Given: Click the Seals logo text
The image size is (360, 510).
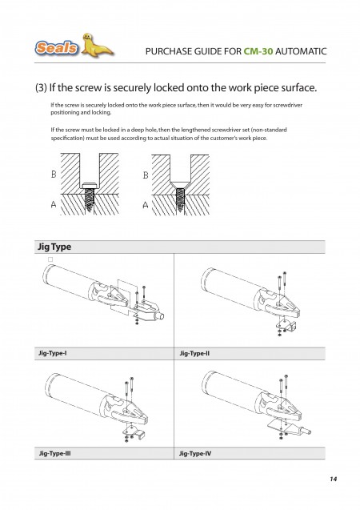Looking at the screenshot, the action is [57, 48].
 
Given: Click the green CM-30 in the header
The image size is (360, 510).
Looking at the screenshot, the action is [258, 51].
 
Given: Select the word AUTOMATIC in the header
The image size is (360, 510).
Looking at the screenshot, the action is [301, 51].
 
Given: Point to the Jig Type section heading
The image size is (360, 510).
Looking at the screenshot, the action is [54, 247].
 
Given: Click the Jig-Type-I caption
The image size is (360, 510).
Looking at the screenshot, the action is [53, 353].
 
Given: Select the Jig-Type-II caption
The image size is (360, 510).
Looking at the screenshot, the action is [194, 353].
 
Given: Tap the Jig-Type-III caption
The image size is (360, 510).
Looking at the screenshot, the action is [55, 453].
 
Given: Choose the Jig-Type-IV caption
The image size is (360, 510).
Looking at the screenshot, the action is [195, 453].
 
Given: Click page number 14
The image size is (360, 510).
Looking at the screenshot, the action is [333, 479].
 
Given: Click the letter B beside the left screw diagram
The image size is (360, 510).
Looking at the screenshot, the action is [54, 175].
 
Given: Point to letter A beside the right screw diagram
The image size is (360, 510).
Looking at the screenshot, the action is [146, 205].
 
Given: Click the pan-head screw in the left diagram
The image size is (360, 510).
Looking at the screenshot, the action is [90, 197].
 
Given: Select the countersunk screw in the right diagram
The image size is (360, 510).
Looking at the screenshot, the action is [180, 197].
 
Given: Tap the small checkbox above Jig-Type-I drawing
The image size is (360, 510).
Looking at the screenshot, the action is [50, 259].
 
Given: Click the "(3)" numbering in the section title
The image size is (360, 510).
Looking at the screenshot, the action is [41, 88].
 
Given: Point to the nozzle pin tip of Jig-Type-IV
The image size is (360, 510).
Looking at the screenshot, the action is [309, 432].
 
